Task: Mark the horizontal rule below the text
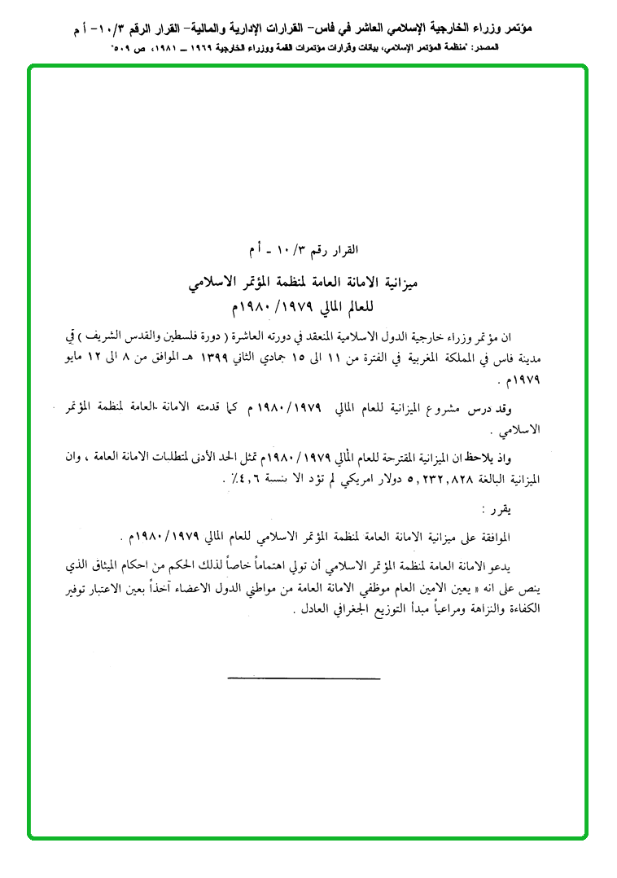pyautogui.click(x=304, y=678)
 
